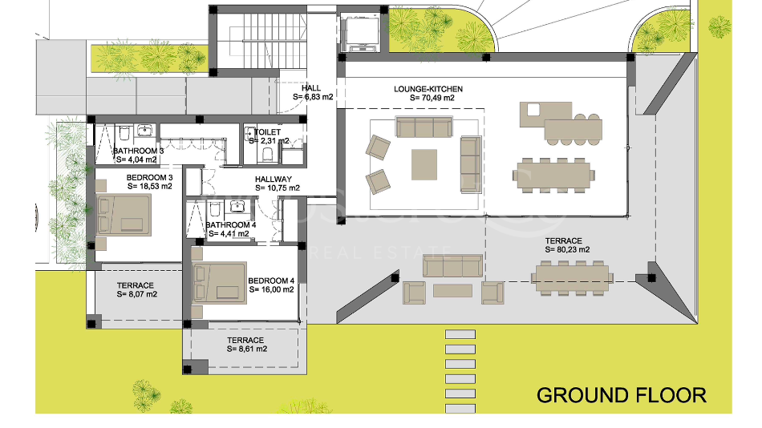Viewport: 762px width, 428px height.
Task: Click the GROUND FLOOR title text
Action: click(x=621, y=394)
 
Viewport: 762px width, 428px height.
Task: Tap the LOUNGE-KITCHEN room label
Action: click(x=428, y=89)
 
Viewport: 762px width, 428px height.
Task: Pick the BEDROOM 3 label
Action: click(x=149, y=177)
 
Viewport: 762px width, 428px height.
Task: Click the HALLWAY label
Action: click(x=274, y=180)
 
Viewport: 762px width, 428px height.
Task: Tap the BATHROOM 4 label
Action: click(x=230, y=225)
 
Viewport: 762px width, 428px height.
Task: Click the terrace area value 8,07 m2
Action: click(x=136, y=294)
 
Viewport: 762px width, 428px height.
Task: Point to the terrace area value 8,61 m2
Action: click(x=245, y=349)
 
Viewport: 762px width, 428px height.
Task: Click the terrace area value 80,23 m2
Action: click(x=567, y=250)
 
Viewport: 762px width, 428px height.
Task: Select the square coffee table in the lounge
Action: click(x=425, y=164)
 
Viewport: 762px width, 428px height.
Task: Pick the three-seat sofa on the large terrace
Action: click(x=452, y=266)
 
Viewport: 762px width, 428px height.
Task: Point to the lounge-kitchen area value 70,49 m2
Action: click(x=432, y=98)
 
